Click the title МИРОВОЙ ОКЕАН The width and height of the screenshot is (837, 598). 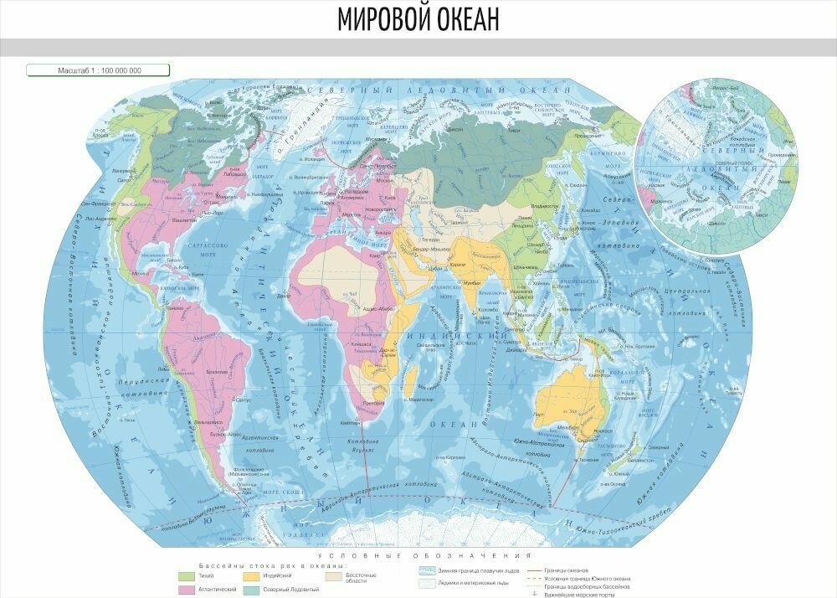click(x=418, y=18)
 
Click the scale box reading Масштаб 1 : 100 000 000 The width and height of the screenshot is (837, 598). click(x=99, y=70)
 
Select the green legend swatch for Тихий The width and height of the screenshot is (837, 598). click(x=186, y=576)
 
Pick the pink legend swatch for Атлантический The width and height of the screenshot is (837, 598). click(x=186, y=590)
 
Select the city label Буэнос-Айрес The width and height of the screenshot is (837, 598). click(x=224, y=435)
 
